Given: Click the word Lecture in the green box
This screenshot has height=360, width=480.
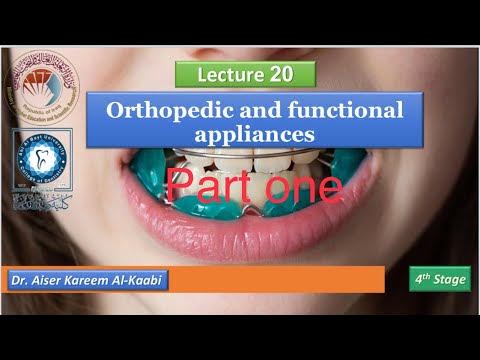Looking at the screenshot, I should pyautogui.click(x=232, y=75).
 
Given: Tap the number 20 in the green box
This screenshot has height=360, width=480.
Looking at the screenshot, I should pyautogui.click(x=281, y=75).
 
